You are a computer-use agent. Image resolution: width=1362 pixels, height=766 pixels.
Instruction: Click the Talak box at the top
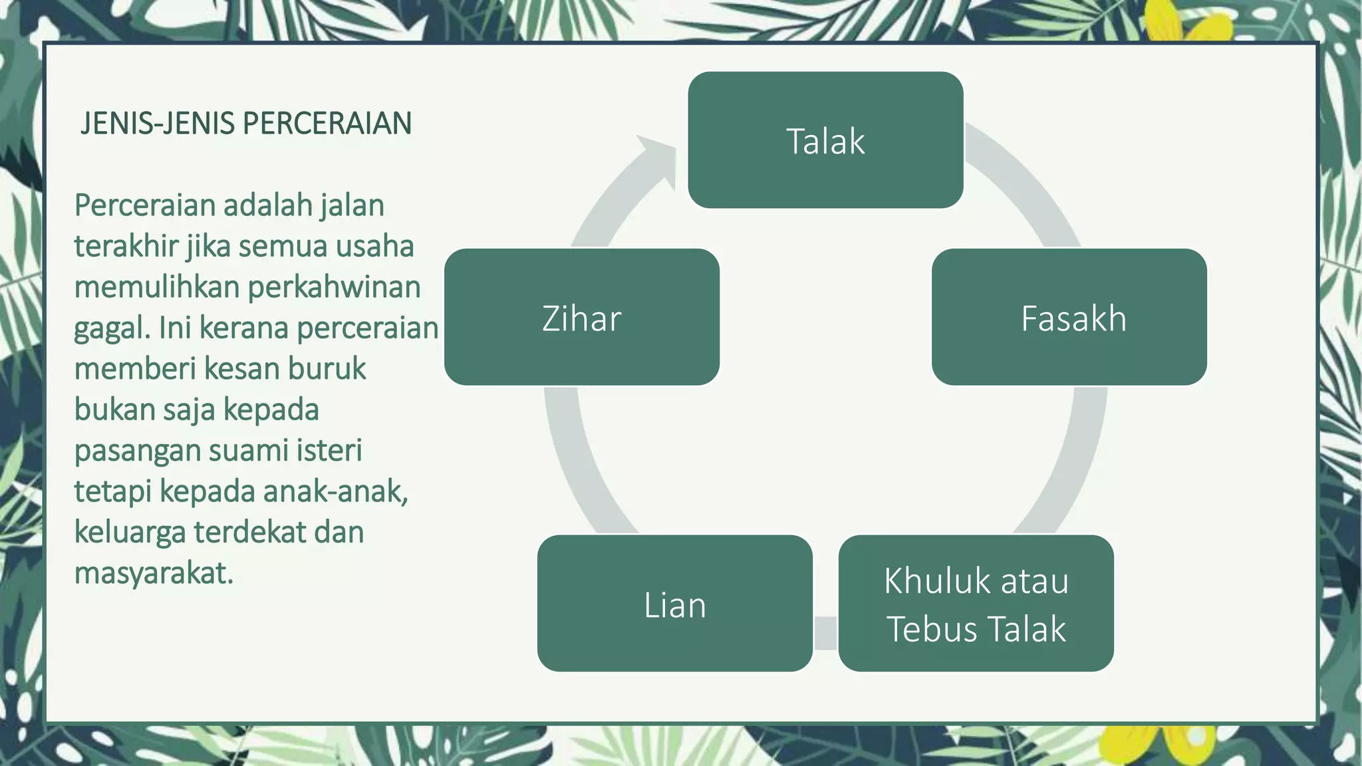[825, 140]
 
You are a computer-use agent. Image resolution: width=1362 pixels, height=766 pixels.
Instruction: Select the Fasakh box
[1069, 317]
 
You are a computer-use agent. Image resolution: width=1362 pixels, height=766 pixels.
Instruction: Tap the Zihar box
[581, 317]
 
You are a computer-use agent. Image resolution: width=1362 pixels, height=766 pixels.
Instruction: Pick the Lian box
[674, 604]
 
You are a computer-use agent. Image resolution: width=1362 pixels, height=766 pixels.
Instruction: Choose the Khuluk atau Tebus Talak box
[976, 604]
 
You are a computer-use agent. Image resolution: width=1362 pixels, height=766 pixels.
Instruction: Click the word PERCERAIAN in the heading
[327, 124]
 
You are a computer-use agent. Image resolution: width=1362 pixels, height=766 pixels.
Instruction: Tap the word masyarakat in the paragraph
[154, 573]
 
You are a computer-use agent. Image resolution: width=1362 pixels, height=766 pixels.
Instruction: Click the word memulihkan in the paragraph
[157, 287]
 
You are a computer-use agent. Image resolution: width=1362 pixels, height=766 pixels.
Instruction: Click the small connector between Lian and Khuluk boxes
[825, 632]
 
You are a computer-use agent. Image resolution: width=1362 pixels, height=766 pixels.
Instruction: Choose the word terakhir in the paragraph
[126, 247]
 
